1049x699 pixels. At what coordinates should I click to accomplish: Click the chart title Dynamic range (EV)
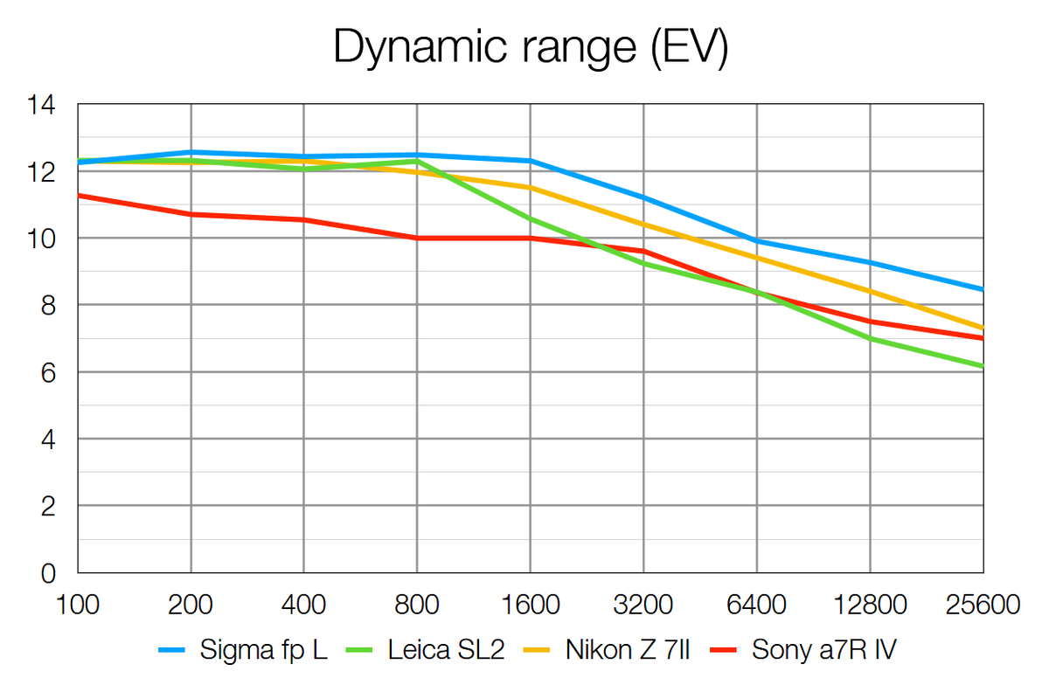[531, 49]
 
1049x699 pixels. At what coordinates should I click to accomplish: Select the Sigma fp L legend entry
[263, 650]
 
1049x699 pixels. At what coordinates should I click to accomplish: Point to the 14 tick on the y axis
[41, 106]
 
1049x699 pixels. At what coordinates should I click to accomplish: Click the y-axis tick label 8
[48, 306]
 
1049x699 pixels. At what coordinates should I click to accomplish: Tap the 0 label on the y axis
[48, 574]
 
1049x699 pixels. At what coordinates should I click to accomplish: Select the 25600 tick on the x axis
[983, 605]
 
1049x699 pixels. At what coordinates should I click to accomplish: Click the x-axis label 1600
[530, 605]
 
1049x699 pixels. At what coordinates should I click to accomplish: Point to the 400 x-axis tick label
[303, 605]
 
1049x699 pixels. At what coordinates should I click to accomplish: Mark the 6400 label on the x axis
[756, 605]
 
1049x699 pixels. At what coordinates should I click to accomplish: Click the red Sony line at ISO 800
[417, 238]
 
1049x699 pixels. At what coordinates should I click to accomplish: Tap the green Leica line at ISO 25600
[982, 366]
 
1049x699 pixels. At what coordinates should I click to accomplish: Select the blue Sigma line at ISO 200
[191, 152]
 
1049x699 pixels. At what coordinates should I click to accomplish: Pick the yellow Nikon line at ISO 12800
[870, 291]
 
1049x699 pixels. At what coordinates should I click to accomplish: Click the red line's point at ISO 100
[80, 196]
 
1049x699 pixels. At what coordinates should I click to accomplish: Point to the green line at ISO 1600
[530, 218]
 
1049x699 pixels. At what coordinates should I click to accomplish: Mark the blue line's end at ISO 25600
[982, 289]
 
